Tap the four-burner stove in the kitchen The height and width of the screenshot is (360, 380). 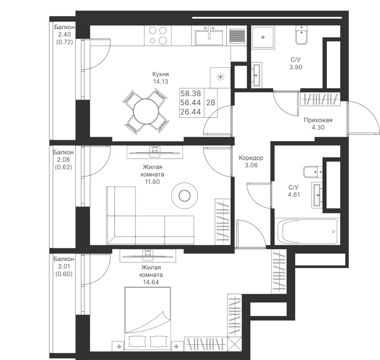click(157, 35)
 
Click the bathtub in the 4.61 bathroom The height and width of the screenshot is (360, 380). click(307, 232)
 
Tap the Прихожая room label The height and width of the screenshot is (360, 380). click(318, 120)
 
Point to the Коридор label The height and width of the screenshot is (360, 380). click(251, 158)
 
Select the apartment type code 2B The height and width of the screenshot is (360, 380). click(210, 103)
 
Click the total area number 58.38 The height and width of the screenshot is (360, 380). click(191, 93)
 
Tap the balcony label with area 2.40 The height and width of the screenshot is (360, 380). click(64, 35)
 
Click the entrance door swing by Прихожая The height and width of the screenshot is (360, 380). click(363, 118)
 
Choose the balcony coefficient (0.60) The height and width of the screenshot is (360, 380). click(64, 273)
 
